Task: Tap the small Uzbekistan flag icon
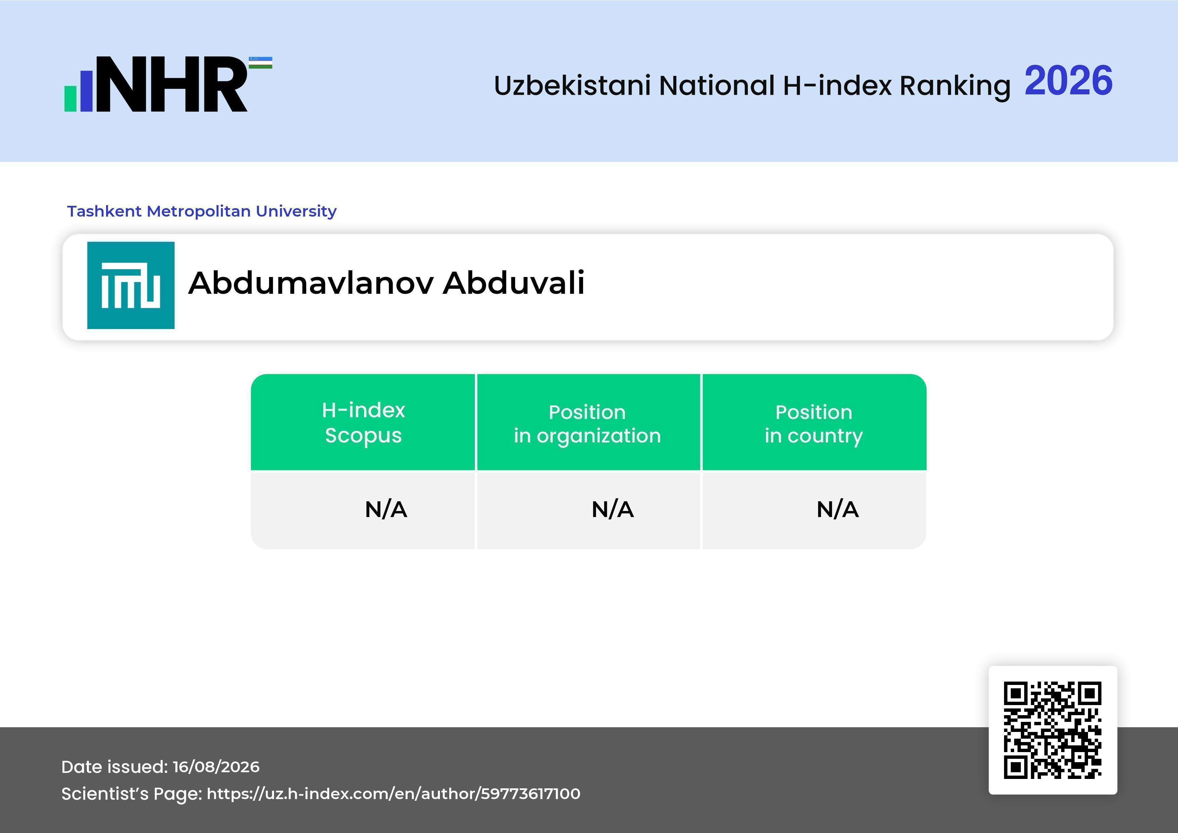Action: point(261,62)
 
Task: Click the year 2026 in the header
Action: point(1068,81)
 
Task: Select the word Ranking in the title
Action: point(955,86)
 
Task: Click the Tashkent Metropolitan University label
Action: point(201,211)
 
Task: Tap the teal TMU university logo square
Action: point(131,285)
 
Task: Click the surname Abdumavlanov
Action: point(311,283)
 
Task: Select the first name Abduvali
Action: point(513,283)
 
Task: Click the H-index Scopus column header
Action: point(363,423)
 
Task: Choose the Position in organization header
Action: point(587,424)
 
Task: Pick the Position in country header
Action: point(814,424)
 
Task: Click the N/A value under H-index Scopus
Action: point(386,509)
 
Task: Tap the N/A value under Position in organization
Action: point(613,509)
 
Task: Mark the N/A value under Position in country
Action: point(837,509)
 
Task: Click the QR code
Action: point(1053,730)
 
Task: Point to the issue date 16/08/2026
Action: point(216,767)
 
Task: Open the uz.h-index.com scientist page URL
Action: point(394,793)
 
